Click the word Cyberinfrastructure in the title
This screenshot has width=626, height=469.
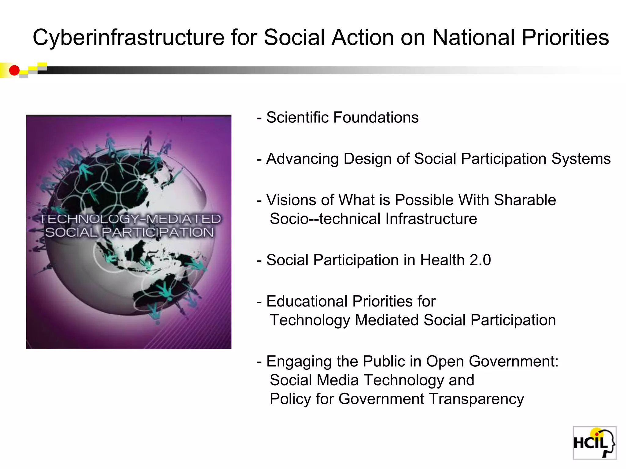pos(128,38)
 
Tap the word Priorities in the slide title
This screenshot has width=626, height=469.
pos(565,38)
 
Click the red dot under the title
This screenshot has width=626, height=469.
pos(14,71)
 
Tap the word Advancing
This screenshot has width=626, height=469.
pos(302,159)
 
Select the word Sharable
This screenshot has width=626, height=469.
pos(525,200)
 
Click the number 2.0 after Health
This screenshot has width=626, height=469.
pos(480,260)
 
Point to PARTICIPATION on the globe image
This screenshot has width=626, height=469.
pos(157,232)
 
